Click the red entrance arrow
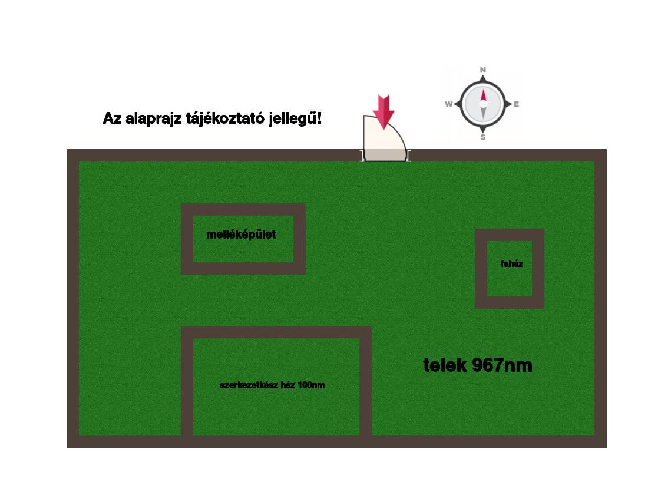(x=383, y=112)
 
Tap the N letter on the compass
(x=482, y=70)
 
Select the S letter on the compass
(x=482, y=137)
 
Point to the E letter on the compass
(x=516, y=104)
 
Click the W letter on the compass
(x=449, y=104)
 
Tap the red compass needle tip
(x=483, y=90)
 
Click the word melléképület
(x=241, y=235)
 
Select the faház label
(x=511, y=263)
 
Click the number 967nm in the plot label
(x=502, y=365)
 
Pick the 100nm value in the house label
(x=311, y=385)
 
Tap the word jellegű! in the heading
(x=295, y=118)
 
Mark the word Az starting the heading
(x=112, y=118)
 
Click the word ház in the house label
(x=287, y=385)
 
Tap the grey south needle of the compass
(x=483, y=113)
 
